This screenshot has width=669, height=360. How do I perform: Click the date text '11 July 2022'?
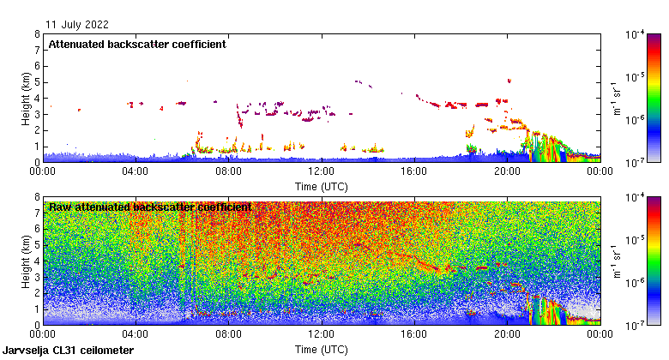click(77, 24)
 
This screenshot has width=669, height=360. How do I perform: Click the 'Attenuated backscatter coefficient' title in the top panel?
click(137, 45)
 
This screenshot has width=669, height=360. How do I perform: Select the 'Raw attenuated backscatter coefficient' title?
click(150, 207)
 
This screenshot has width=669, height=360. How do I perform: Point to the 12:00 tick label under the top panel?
click(321, 171)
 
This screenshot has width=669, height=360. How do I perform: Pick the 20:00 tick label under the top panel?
click(506, 171)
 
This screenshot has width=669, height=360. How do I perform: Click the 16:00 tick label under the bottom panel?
click(413, 333)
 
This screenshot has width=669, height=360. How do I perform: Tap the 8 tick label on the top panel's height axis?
click(37, 35)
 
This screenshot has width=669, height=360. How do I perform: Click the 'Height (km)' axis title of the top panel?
click(27, 98)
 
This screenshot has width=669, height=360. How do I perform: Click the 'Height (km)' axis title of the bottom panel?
click(27, 261)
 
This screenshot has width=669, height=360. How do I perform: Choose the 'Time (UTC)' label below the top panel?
click(321, 185)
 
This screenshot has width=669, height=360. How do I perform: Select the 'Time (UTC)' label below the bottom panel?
click(321, 349)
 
